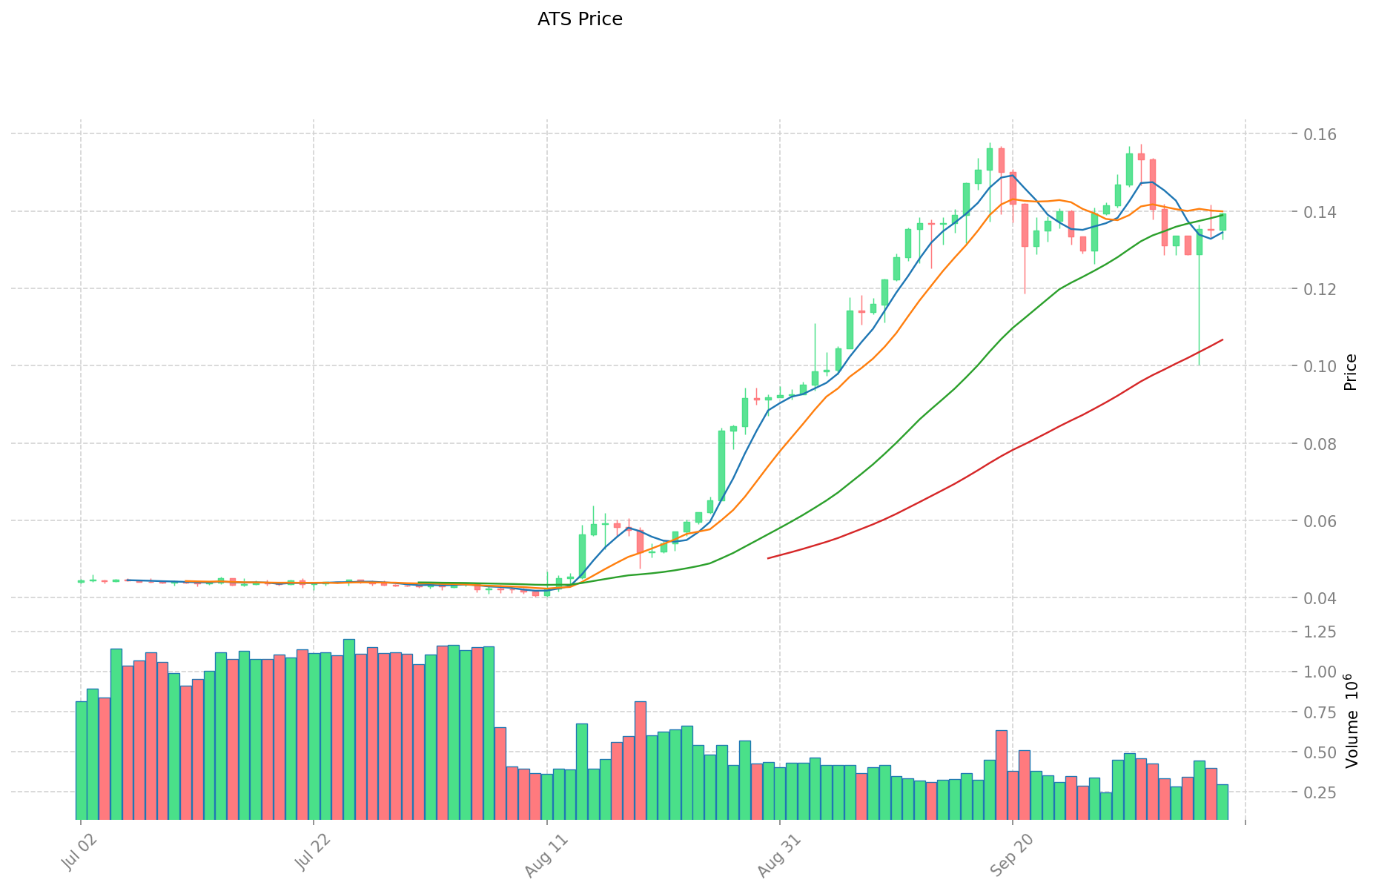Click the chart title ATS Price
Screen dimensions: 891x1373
tap(580, 19)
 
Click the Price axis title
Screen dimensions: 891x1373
tap(1351, 372)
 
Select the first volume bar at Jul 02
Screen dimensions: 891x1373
tap(81, 760)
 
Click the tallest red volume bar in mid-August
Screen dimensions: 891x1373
tap(641, 760)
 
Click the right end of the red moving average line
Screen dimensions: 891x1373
tap(1223, 339)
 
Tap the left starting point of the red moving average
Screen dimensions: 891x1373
tap(768, 557)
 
